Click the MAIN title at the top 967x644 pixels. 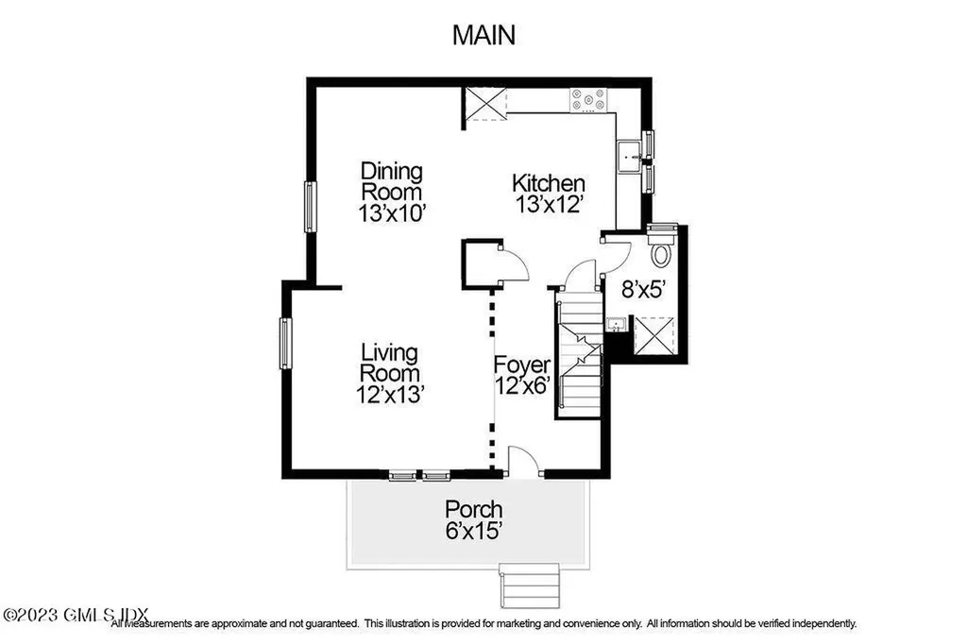coord(483,36)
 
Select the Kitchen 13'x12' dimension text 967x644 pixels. coord(549,203)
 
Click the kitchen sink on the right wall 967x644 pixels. coord(629,157)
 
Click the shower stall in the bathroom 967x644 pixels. coord(653,335)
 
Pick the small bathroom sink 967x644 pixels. coord(615,326)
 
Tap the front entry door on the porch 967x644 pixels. coord(522,462)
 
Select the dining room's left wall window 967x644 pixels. coord(310,207)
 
